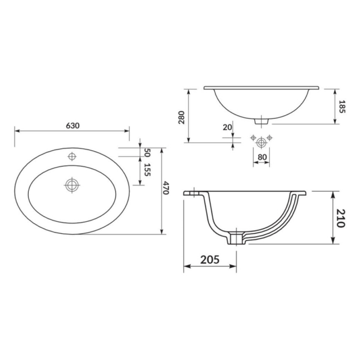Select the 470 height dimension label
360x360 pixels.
click(x=166, y=189)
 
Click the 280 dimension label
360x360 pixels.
click(x=182, y=118)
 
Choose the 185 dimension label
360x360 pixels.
click(x=342, y=106)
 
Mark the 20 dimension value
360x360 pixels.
click(x=227, y=127)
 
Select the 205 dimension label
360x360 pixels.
click(x=210, y=259)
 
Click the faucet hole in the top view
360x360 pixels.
click(x=72, y=156)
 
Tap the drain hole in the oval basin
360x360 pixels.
click(x=72, y=184)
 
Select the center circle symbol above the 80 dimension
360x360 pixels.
click(x=261, y=139)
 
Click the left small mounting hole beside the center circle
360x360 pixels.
click(x=253, y=137)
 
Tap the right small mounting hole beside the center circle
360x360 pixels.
click(x=270, y=137)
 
